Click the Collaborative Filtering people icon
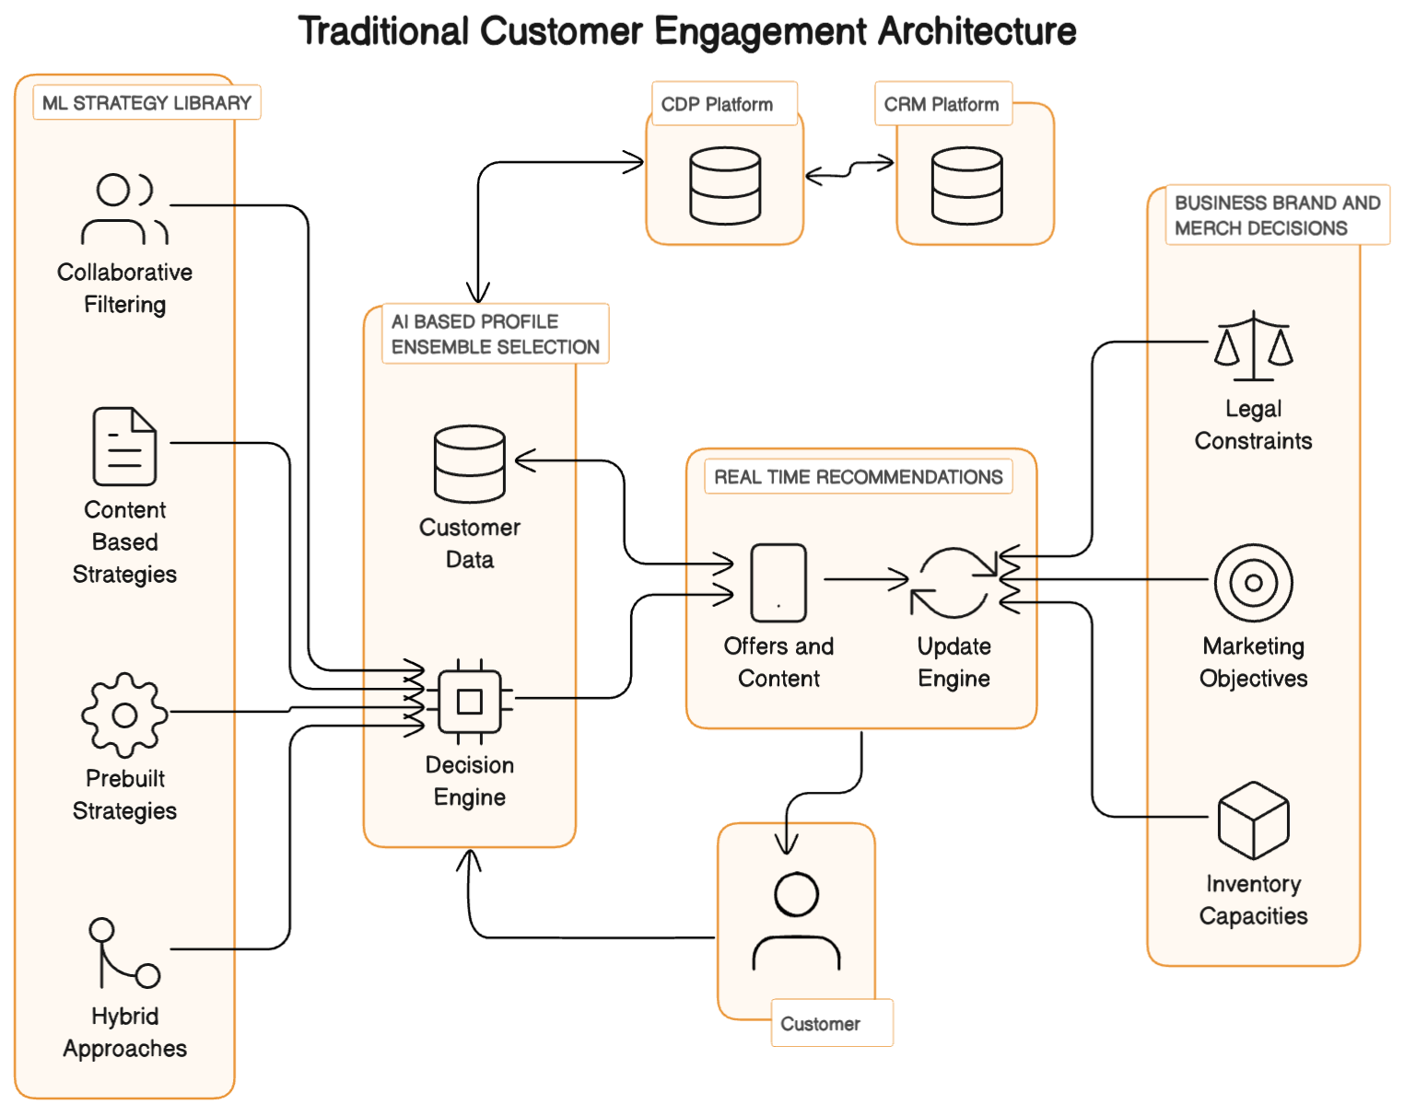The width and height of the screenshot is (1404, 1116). pyautogui.click(x=124, y=209)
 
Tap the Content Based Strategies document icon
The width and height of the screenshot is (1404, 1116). pyautogui.click(x=124, y=447)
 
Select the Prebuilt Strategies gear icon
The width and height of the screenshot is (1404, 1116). pyautogui.click(x=124, y=715)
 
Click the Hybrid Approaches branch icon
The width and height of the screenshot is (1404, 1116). pyautogui.click(x=124, y=952)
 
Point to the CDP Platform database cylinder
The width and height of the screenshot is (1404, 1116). pyautogui.click(x=725, y=186)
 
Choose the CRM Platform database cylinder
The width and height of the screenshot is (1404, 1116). pyautogui.click(x=966, y=186)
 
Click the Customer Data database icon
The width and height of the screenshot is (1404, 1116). pyautogui.click(x=470, y=463)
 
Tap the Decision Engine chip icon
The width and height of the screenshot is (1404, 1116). pyautogui.click(x=470, y=702)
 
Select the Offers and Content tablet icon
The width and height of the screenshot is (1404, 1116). pyautogui.click(x=778, y=583)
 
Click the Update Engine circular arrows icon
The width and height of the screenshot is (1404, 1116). pyautogui.click(x=954, y=583)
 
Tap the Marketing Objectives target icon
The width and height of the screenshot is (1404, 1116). pyautogui.click(x=1254, y=583)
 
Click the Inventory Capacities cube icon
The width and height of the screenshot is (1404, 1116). pyautogui.click(x=1254, y=820)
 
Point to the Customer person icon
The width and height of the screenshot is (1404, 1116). pyautogui.click(x=796, y=921)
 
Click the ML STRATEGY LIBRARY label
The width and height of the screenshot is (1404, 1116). pyautogui.click(x=146, y=103)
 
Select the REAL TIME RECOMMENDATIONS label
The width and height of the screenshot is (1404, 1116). pyautogui.click(x=858, y=477)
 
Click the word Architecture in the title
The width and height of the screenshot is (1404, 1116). pyautogui.click(x=977, y=31)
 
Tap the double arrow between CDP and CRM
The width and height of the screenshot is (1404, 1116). pyautogui.click(x=849, y=169)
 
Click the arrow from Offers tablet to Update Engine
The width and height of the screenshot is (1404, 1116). pyautogui.click(x=866, y=579)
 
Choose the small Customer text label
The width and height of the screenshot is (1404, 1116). pyautogui.click(x=820, y=1024)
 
